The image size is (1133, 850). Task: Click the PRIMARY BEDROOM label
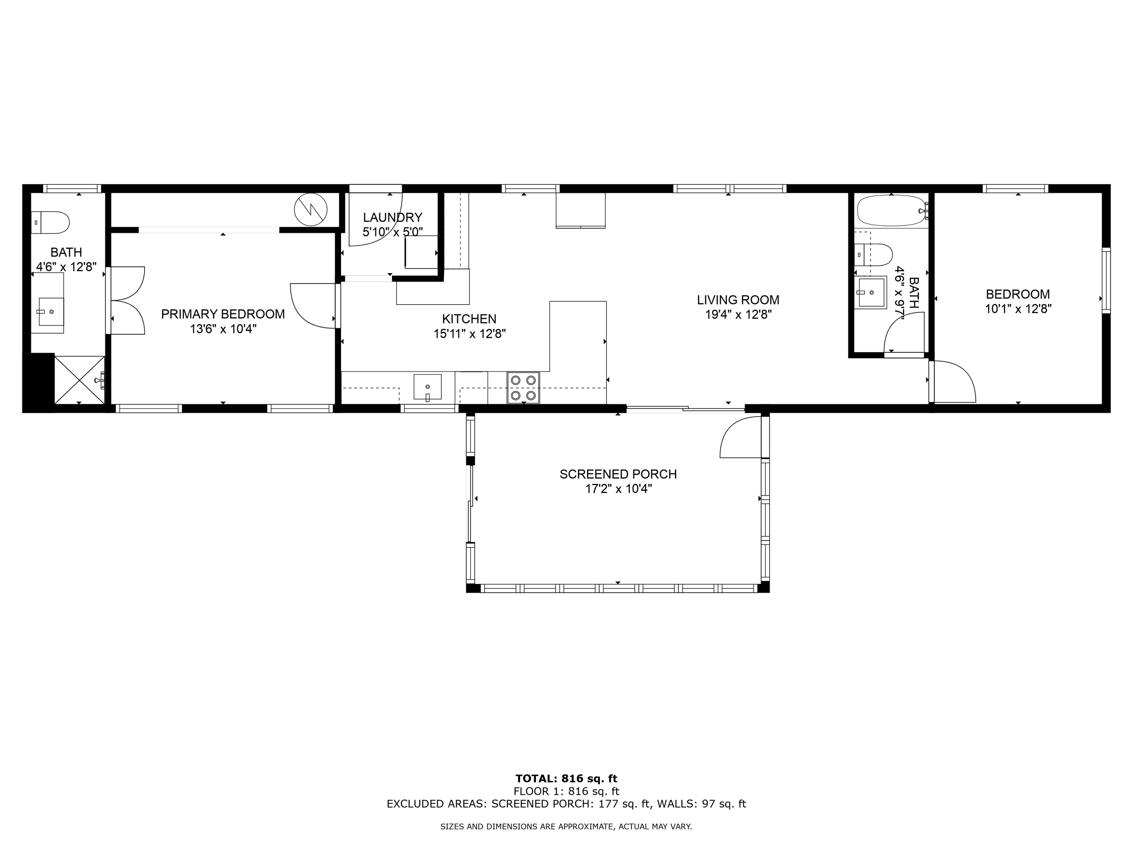coord(223,314)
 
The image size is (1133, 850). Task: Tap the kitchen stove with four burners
coord(523,388)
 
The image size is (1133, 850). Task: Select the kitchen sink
coord(427,387)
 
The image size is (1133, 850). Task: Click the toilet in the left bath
coord(51,223)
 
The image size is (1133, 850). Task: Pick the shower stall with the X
coord(79,380)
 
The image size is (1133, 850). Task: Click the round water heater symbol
coord(310,209)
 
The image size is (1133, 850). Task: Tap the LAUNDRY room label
coord(392,217)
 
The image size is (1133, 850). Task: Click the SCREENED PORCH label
coord(618,474)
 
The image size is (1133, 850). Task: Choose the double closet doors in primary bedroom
coord(128,300)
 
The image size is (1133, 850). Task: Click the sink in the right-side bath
coord(872,292)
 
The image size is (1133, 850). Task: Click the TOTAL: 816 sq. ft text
coord(566,779)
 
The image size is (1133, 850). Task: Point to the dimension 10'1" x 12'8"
coord(1018,309)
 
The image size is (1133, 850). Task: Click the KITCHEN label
coord(469,319)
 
